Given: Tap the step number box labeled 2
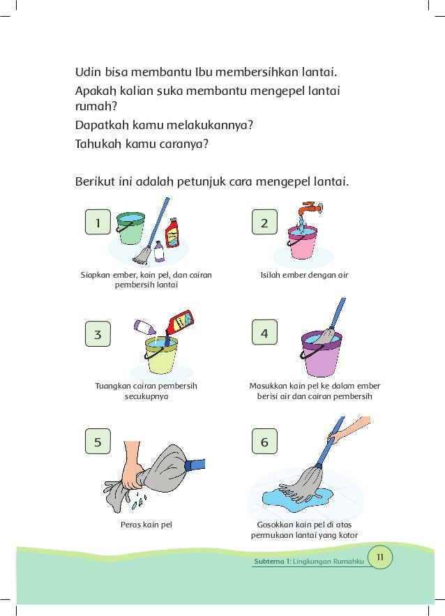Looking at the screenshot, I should [264, 223].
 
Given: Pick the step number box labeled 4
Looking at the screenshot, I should [264, 333].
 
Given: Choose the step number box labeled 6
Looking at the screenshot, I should [264, 442].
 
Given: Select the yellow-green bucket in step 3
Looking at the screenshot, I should [161, 354].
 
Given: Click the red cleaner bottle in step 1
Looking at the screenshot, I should [172, 232].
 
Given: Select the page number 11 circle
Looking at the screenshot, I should [381, 557].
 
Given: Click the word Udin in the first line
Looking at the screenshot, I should [87, 72].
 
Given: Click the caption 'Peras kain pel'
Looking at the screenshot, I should [146, 524].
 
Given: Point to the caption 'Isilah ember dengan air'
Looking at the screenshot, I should [304, 275].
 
